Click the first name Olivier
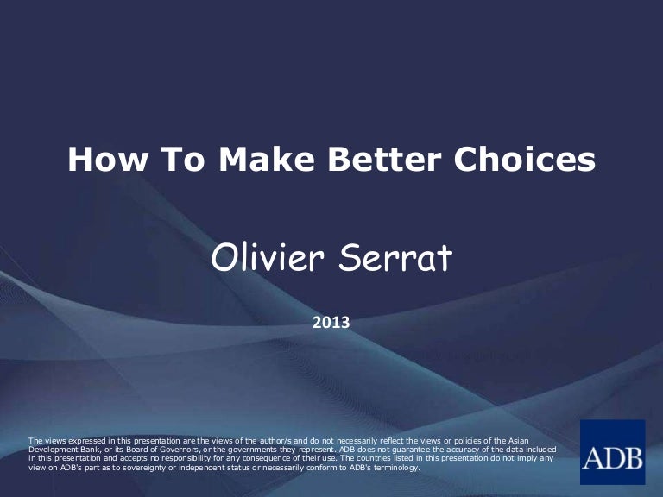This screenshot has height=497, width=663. pyautogui.click(x=267, y=258)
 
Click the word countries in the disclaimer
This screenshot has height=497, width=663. pyautogui.click(x=369, y=459)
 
